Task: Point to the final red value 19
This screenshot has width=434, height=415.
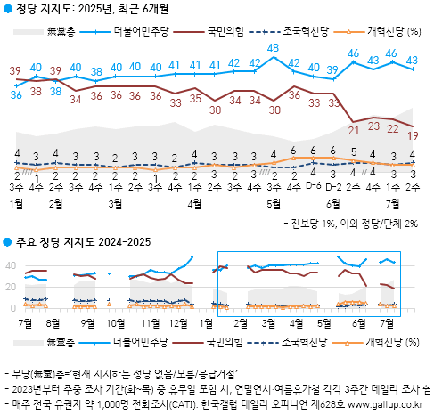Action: [413, 135]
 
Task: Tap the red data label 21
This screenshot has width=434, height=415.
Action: [353, 131]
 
